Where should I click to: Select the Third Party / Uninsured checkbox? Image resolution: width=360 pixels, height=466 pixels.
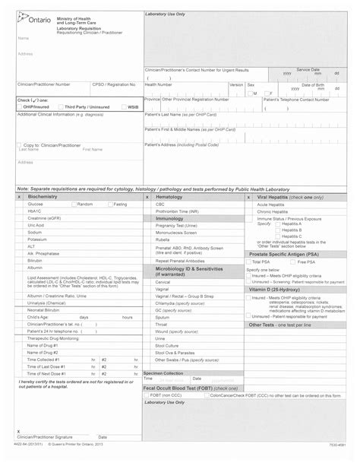62,107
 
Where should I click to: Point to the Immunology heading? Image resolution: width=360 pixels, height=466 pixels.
169,218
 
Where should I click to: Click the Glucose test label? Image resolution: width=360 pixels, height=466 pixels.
36,204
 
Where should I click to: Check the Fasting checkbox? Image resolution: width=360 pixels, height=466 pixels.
110,204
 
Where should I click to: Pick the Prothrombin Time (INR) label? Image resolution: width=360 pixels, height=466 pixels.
177,211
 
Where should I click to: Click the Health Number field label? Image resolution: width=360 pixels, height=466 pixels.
161,84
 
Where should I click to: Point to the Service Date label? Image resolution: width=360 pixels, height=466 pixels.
308,69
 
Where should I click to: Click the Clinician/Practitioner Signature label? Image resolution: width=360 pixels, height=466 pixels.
45,458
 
